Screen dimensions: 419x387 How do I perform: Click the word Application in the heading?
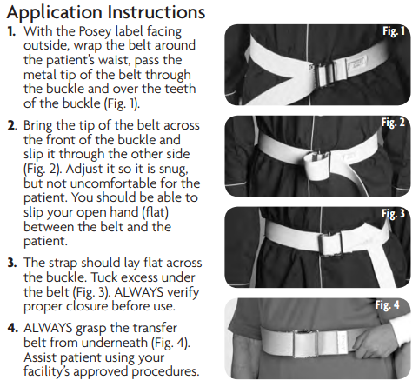click(54, 13)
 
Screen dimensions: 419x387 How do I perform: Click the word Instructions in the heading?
click(156, 12)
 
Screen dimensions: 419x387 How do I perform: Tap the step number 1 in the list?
click(11, 31)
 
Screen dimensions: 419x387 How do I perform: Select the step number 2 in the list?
click(12, 125)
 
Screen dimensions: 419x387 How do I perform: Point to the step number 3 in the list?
click(12, 263)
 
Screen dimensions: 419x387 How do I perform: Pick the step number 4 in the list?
click(12, 328)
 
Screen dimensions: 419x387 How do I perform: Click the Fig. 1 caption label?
click(394, 31)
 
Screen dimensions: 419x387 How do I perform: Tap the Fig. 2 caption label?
click(393, 123)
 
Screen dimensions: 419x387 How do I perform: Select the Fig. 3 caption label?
click(393, 214)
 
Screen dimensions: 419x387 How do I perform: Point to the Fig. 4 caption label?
click(388, 305)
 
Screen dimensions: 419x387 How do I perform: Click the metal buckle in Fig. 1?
click(324, 76)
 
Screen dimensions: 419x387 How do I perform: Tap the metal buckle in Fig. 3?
click(331, 244)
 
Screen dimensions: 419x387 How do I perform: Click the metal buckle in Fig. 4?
click(305, 344)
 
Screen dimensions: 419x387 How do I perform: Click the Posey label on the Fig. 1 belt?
click(357, 64)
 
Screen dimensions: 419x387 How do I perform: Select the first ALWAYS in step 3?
click(139, 292)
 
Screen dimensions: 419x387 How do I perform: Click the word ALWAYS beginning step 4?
click(48, 328)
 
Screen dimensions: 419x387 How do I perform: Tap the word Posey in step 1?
click(96, 32)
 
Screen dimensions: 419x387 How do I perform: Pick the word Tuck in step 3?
click(104, 277)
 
